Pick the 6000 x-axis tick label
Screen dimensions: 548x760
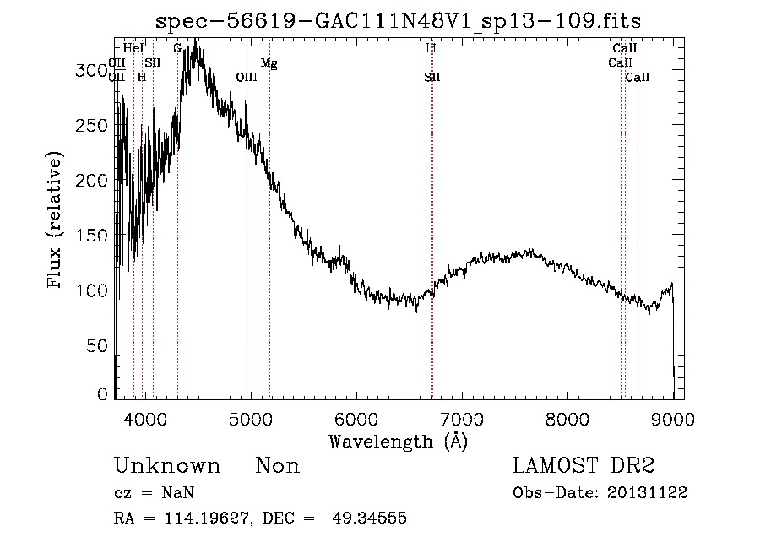point(356,418)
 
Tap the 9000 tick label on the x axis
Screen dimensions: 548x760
point(673,418)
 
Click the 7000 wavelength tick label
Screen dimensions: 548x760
point(461,418)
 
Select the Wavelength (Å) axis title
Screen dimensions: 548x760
point(398,441)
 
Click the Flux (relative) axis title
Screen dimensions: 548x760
point(56,222)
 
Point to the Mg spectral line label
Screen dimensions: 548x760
point(269,63)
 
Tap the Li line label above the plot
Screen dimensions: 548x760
point(432,49)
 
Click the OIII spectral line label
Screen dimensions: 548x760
point(247,78)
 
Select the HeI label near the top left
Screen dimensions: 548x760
point(133,49)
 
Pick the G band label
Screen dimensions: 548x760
point(177,49)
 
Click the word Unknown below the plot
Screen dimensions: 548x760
point(167,466)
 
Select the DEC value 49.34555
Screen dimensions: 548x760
point(372,518)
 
